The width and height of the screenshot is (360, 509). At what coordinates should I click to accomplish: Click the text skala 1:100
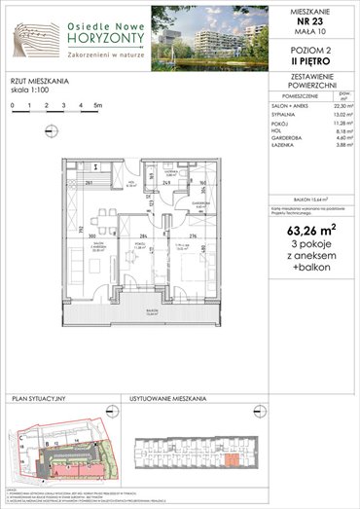[33, 89]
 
